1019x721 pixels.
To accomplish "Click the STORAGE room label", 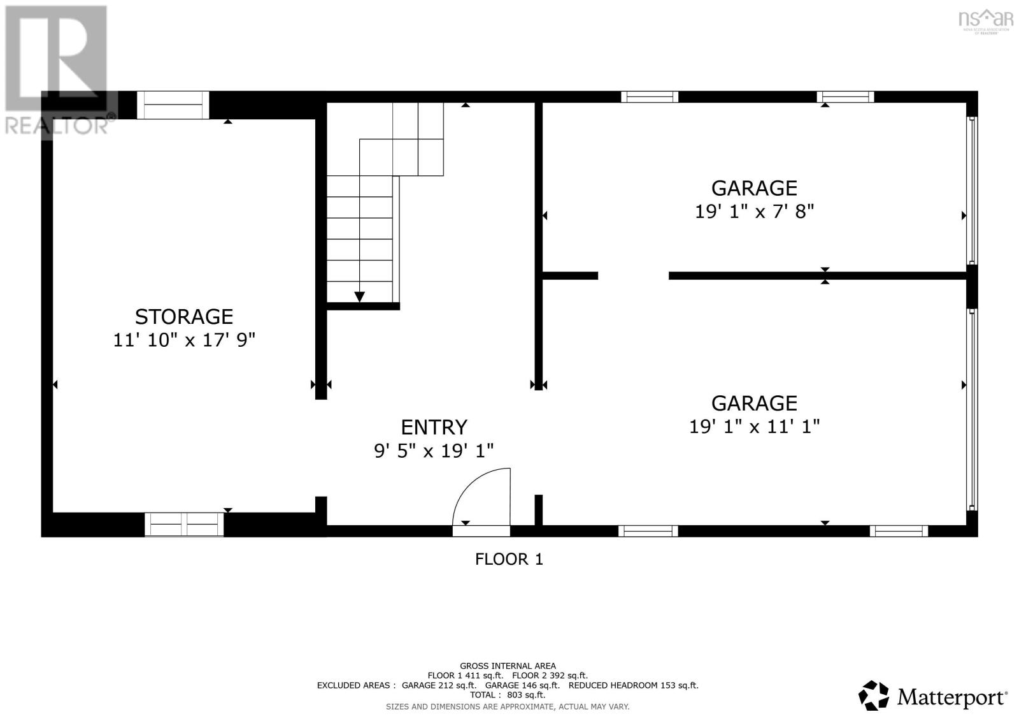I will tap(183, 316).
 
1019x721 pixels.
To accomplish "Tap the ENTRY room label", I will tap(434, 426).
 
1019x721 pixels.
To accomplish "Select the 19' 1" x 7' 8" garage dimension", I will tap(754, 211).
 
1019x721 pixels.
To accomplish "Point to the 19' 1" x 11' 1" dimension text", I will tap(754, 426).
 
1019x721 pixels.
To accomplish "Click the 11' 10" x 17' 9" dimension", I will tap(183, 340).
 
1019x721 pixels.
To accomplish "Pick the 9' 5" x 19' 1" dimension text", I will tap(434, 451).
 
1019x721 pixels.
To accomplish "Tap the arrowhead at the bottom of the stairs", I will tap(359, 296).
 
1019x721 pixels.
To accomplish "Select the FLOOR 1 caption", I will tap(509, 559).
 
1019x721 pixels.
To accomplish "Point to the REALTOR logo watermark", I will tap(57, 70).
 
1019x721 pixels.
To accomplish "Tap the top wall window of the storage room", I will tap(173, 105).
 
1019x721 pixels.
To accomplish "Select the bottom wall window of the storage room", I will tap(185, 524).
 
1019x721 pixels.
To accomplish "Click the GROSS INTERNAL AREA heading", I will tap(508, 666).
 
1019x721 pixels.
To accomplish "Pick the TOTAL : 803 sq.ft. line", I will tap(508, 695).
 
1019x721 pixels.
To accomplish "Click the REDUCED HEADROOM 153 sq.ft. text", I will tap(633, 685).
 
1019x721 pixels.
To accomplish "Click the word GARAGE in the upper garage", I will tap(754, 188).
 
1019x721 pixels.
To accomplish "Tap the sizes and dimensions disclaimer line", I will tap(508, 706).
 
